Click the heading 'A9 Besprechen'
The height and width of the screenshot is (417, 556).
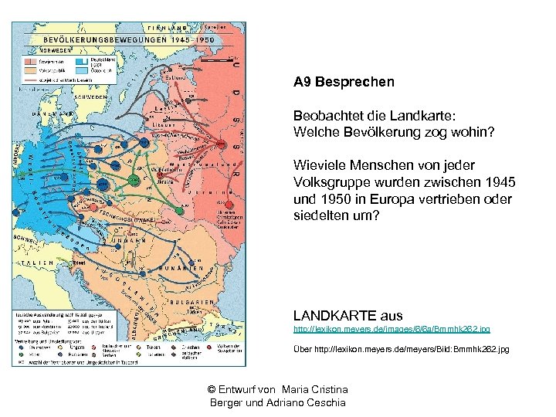click(x=344, y=81)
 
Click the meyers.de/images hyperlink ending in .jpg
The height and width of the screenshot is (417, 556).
click(x=392, y=329)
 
